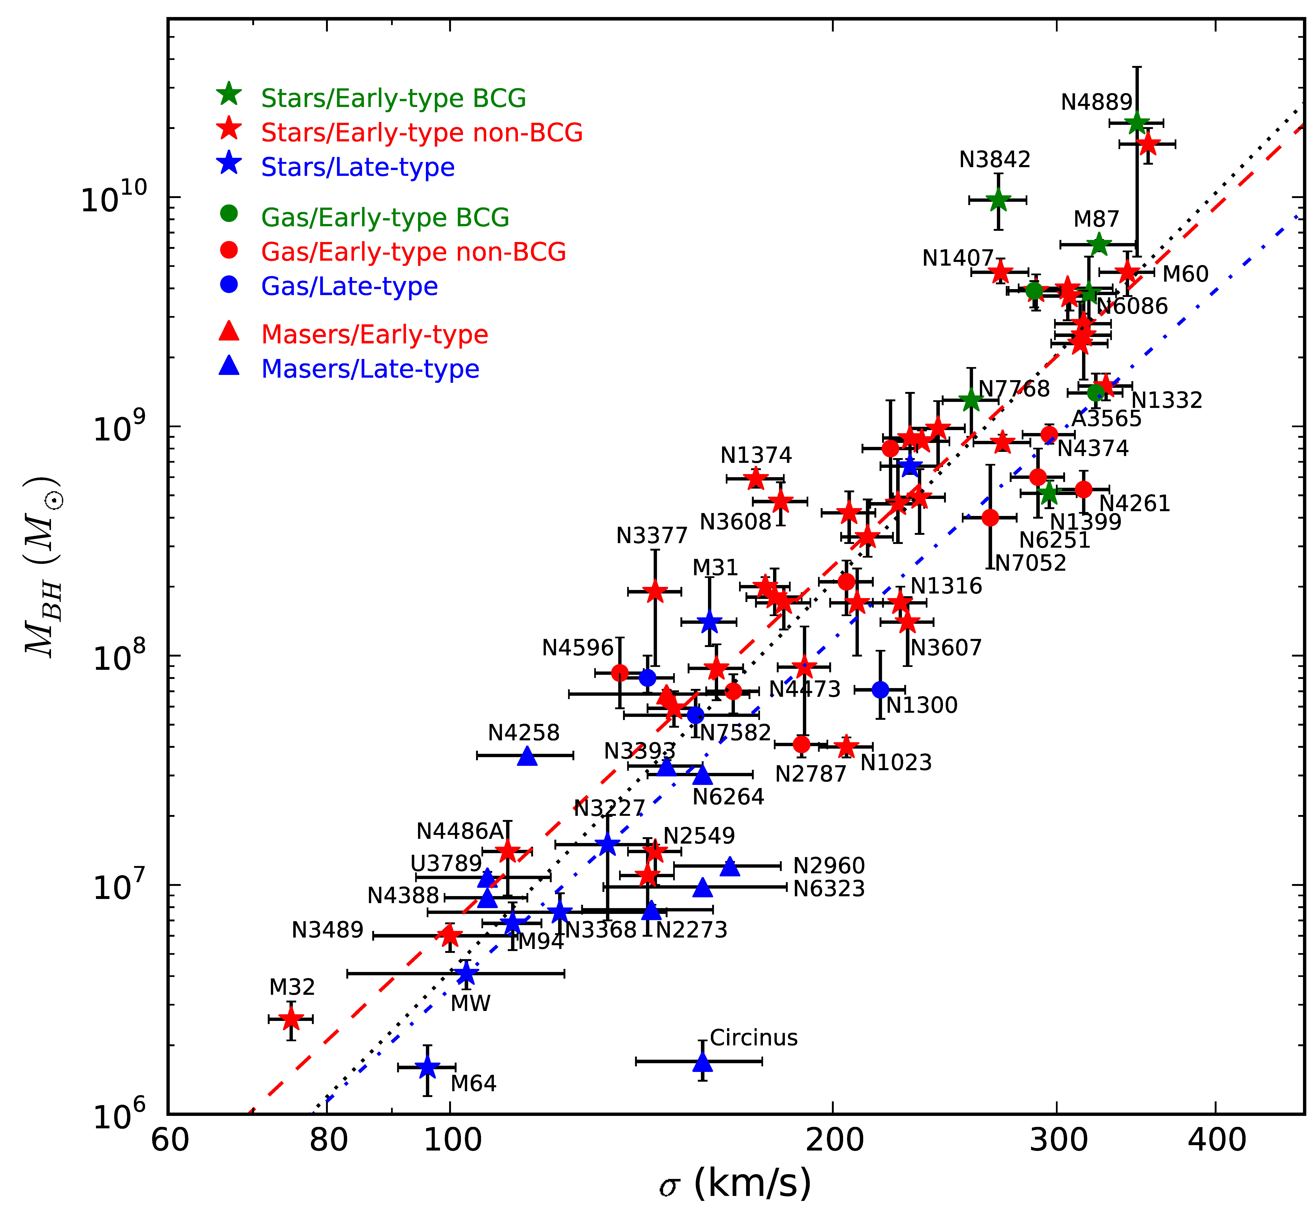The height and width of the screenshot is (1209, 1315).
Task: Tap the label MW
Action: tap(470, 1003)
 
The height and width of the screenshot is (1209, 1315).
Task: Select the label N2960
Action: tap(829, 866)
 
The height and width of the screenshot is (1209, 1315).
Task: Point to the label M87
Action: tap(1096, 219)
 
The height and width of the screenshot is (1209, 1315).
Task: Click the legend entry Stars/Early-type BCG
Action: tap(393, 98)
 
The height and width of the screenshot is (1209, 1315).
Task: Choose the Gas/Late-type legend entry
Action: tap(349, 287)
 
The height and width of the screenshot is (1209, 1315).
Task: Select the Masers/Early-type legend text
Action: tap(375, 334)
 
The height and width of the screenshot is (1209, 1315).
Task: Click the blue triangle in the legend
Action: tap(229, 366)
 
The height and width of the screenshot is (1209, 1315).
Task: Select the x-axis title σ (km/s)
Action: tap(735, 1183)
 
